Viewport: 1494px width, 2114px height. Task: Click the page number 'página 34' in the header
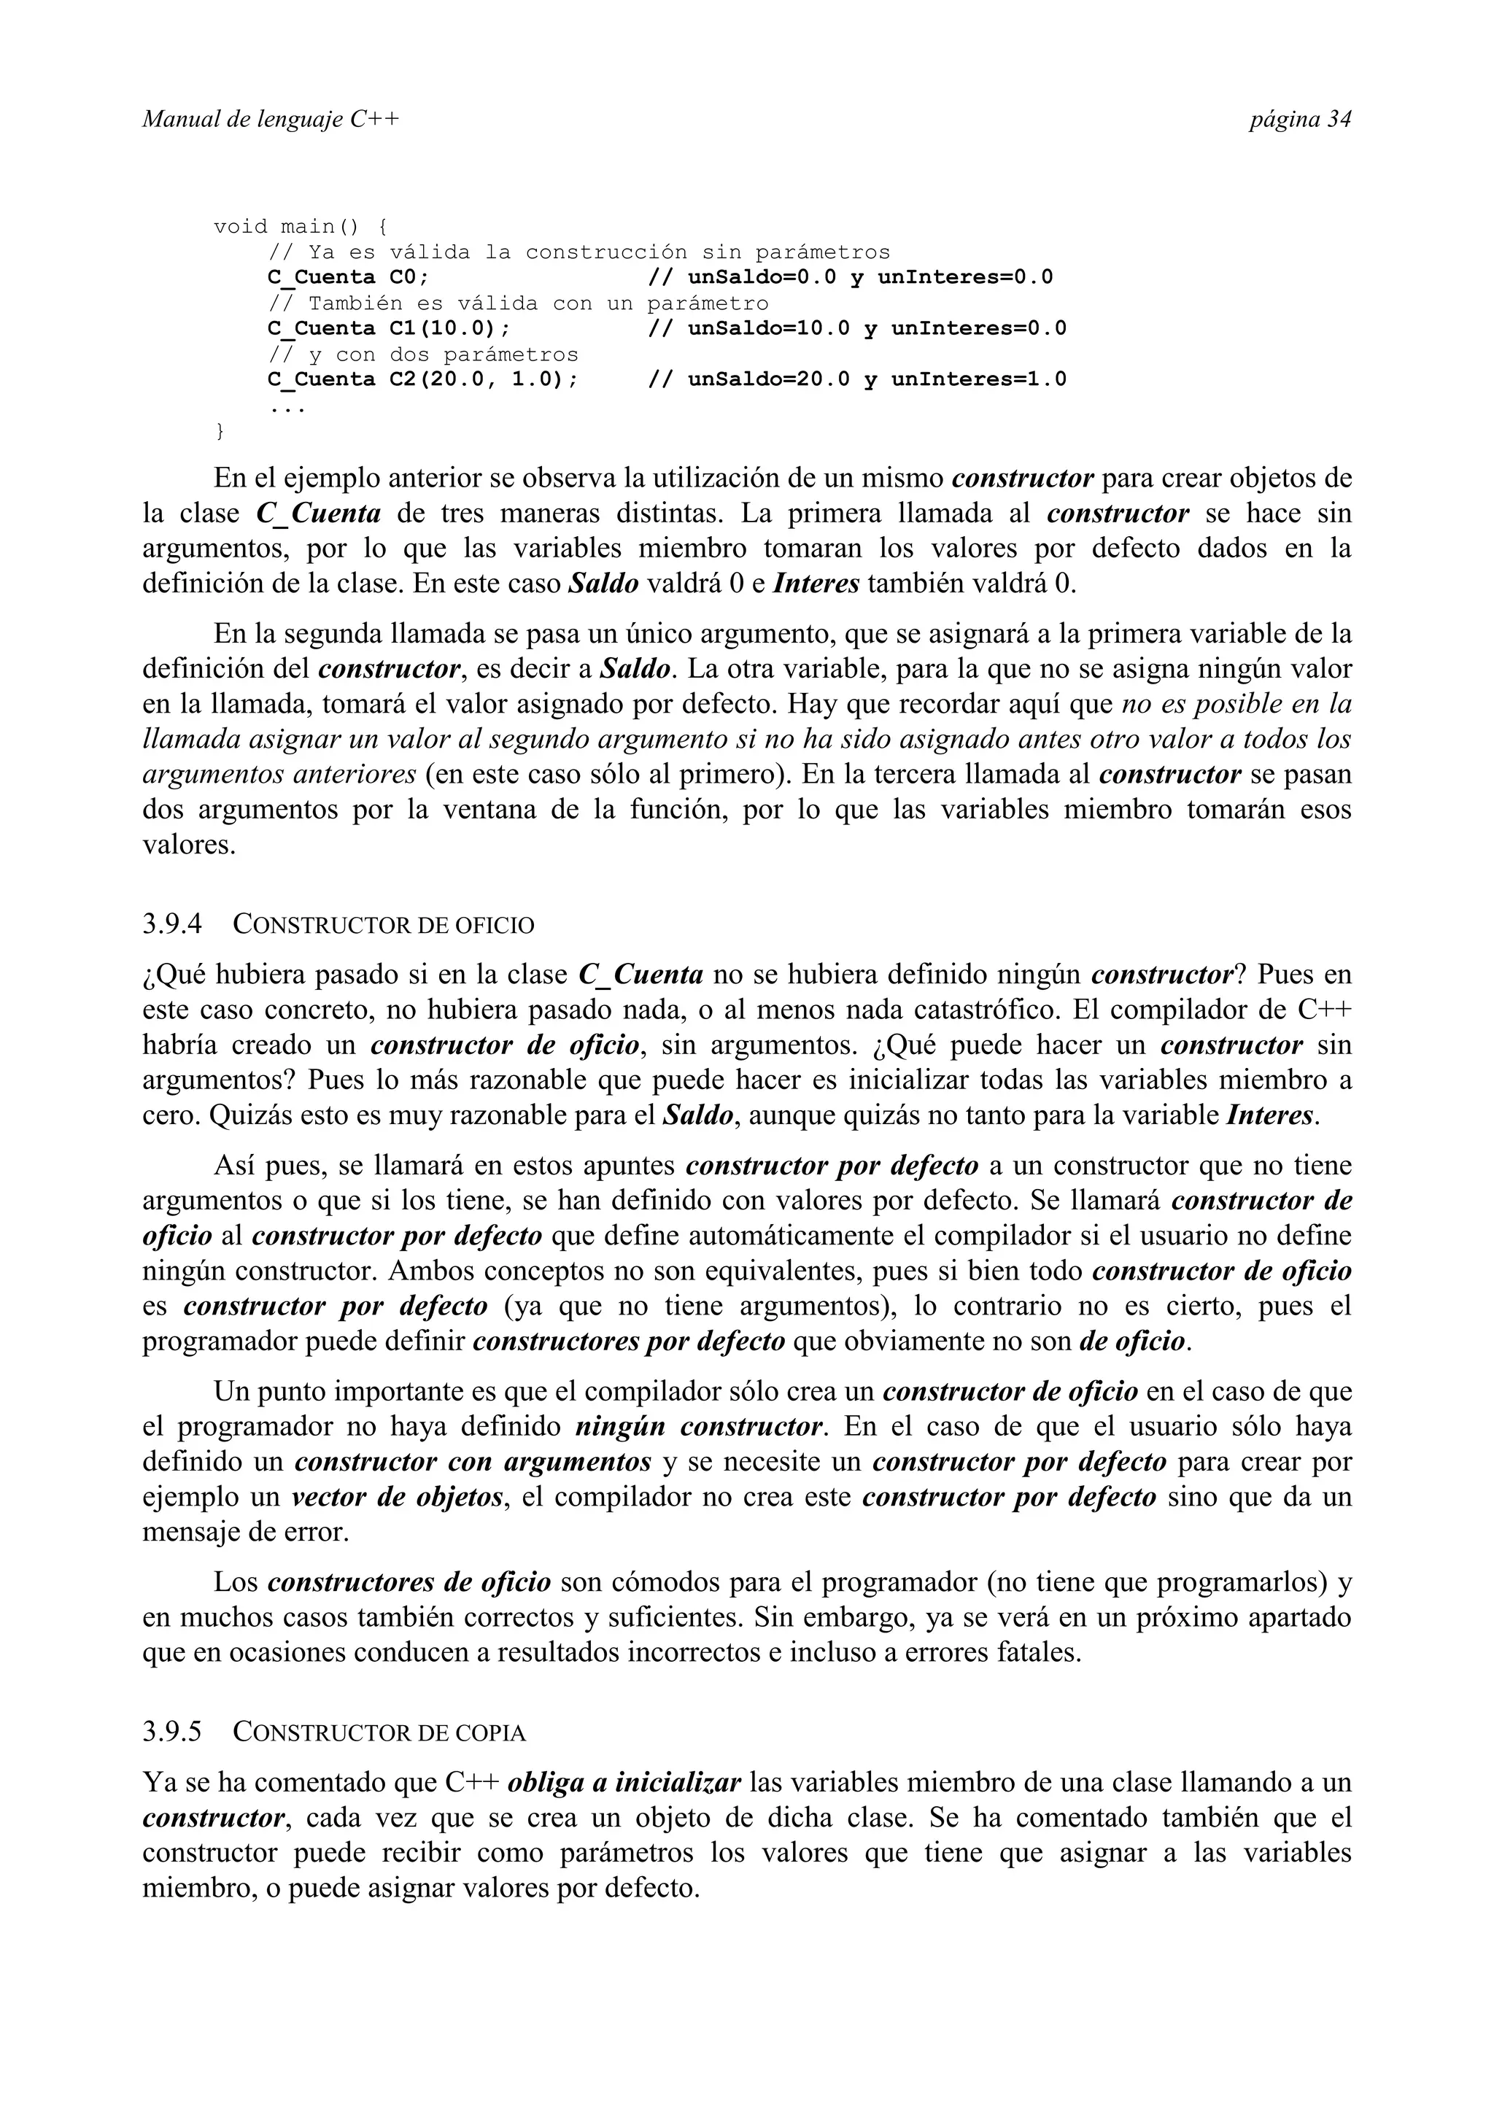[x=1298, y=120]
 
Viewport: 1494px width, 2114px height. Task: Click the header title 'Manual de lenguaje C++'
[x=271, y=120]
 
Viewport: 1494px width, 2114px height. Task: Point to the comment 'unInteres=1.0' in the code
[x=978, y=379]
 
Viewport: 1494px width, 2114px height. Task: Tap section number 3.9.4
[x=172, y=924]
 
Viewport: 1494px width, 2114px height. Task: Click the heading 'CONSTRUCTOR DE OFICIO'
[x=383, y=924]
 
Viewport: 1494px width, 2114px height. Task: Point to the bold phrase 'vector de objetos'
[x=398, y=1497]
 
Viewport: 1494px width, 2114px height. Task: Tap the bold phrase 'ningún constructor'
[x=699, y=1427]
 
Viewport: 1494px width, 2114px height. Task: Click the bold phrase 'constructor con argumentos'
[x=473, y=1462]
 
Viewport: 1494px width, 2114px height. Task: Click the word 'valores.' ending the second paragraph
[x=189, y=844]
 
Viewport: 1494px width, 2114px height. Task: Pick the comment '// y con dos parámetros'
[x=422, y=355]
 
